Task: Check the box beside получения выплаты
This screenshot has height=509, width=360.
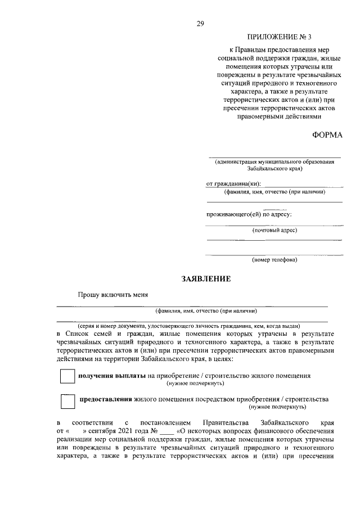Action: point(67,376)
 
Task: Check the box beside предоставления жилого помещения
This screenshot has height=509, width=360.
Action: point(67,401)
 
